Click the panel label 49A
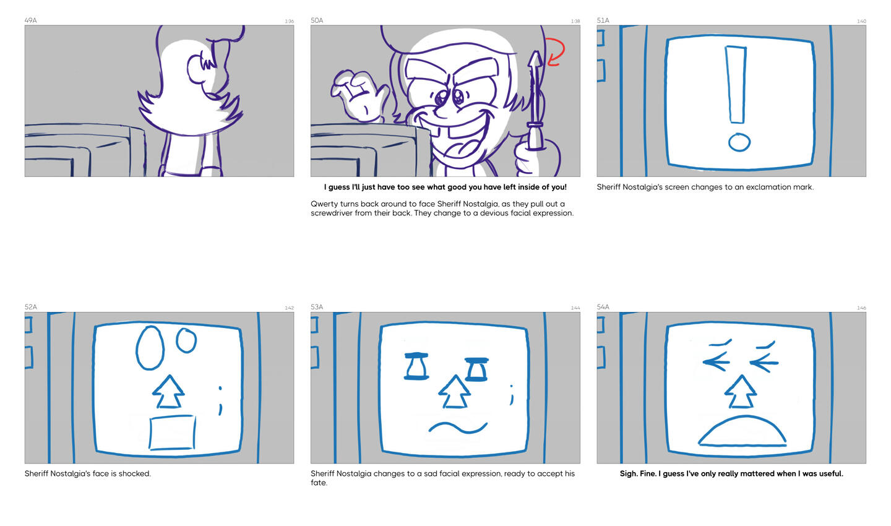(31, 20)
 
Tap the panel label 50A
(317, 20)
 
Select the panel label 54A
(603, 307)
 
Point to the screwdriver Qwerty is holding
(535, 101)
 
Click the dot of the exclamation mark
(739, 142)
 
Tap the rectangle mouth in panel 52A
(172, 433)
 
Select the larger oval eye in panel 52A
(150, 348)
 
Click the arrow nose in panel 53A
(454, 392)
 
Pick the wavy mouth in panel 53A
(457, 428)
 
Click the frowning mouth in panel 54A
(742, 431)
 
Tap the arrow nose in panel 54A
(741, 392)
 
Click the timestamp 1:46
(861, 308)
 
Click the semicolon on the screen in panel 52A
(220, 400)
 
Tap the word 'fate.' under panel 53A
(319, 483)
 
